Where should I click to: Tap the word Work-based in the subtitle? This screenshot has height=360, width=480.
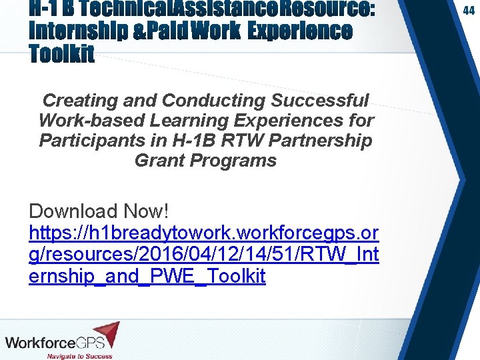pyautogui.click(x=92, y=121)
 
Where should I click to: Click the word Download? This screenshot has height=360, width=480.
pyautogui.click(x=73, y=211)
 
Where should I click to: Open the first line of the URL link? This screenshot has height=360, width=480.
pyautogui.click(x=204, y=233)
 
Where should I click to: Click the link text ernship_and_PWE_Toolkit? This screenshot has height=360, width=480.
pyautogui.click(x=147, y=276)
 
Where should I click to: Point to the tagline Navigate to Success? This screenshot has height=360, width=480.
pyautogui.click(x=79, y=356)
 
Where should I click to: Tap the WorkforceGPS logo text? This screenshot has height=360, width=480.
pyautogui.click(x=50, y=343)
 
